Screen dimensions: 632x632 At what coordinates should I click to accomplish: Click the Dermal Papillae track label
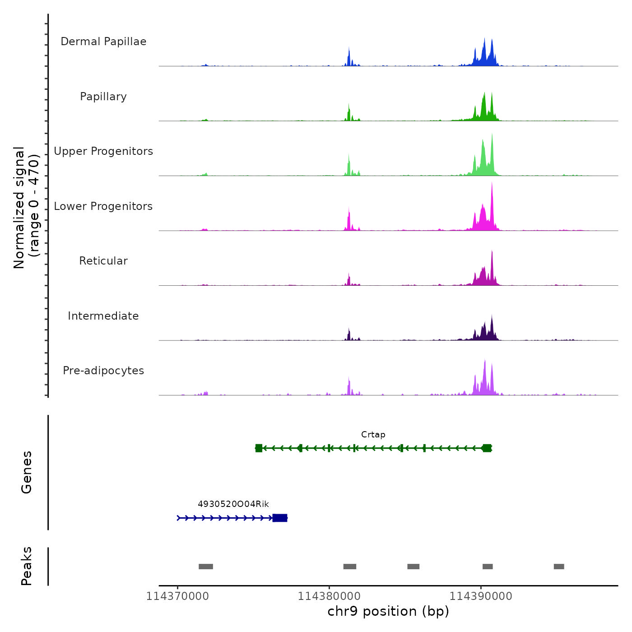[x=103, y=42]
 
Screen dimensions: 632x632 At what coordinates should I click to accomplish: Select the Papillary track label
[x=103, y=97]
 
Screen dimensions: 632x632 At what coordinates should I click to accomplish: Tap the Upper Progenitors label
[x=103, y=151]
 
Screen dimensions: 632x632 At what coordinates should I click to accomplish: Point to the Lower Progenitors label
[x=103, y=206]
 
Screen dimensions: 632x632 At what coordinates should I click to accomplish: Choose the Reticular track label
[x=103, y=261]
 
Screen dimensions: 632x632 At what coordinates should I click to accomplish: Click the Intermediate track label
[x=103, y=316]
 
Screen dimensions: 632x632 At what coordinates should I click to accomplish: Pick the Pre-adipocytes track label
[x=103, y=371]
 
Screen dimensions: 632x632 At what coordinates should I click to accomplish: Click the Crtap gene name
[x=373, y=435]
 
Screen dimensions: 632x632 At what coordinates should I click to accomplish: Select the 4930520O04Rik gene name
[x=233, y=504]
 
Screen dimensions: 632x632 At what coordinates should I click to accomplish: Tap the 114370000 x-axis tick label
[x=177, y=596]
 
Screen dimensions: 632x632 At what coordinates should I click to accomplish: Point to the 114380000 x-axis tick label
[x=329, y=596]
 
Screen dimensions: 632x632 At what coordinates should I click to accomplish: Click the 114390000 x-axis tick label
[x=481, y=596]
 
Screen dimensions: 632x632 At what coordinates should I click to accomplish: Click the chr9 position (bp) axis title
[x=388, y=612]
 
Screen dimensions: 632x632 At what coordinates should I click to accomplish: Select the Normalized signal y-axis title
[x=26, y=208]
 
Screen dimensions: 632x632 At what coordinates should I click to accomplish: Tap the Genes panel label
[x=27, y=472]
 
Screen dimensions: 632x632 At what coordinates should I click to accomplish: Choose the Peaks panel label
[x=27, y=566]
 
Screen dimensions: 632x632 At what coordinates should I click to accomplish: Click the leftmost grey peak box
[x=206, y=567]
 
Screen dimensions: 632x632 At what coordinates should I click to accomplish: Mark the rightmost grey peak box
[x=559, y=567]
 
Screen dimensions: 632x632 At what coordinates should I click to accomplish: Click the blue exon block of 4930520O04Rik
[x=280, y=518]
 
